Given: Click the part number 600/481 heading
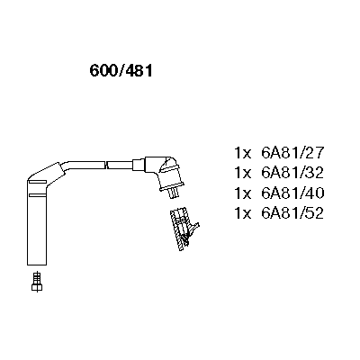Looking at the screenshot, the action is (x=121, y=71).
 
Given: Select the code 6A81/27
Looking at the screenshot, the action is (x=292, y=152).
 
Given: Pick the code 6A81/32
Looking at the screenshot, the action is (x=292, y=173).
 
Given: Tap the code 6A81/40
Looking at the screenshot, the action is (x=292, y=193).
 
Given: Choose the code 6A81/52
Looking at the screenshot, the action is (x=292, y=213).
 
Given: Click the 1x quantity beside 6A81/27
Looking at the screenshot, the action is (x=242, y=153).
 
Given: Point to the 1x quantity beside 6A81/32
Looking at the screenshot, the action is (x=242, y=173).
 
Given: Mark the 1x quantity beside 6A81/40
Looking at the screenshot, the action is (x=242, y=193).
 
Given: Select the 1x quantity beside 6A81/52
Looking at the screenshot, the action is (x=242, y=213).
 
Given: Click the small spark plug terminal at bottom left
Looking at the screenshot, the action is (x=37, y=282).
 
